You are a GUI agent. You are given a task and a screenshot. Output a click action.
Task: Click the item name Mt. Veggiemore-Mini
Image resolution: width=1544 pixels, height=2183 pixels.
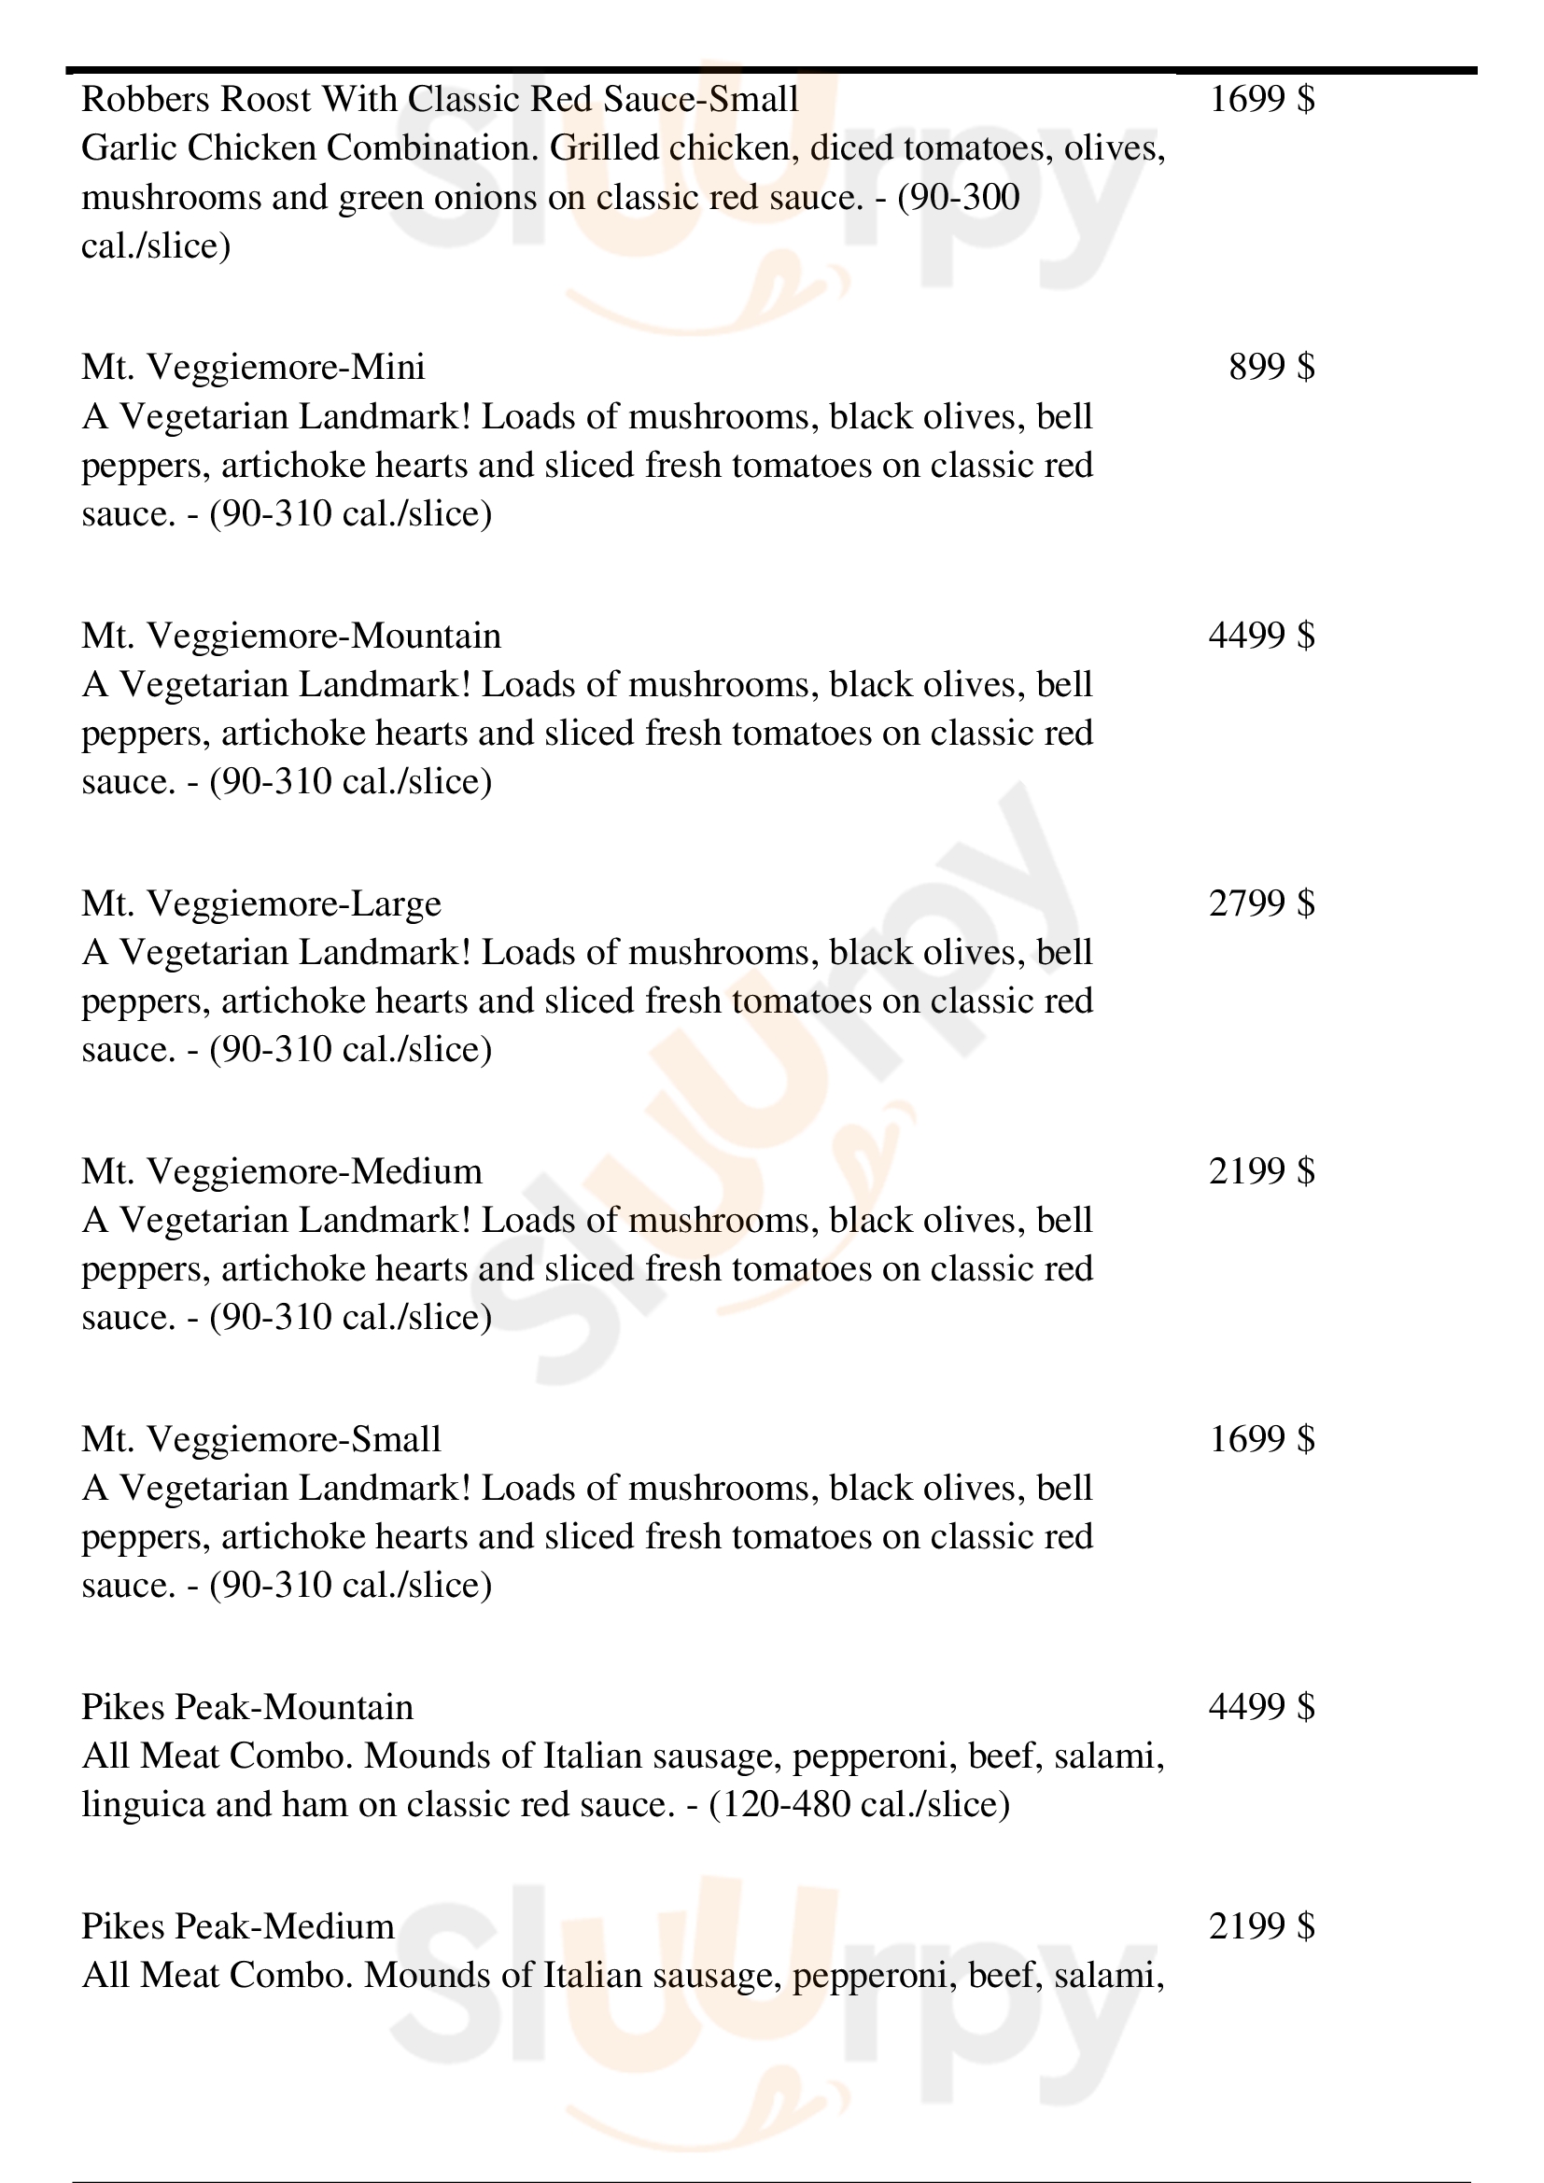(x=253, y=367)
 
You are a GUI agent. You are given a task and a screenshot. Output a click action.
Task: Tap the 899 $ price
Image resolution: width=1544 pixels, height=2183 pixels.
(x=1271, y=367)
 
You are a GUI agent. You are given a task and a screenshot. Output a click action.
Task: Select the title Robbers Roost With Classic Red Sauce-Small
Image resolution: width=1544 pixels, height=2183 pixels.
(x=440, y=99)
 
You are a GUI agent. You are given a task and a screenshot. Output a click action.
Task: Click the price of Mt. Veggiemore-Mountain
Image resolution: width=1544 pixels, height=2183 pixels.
(x=1262, y=636)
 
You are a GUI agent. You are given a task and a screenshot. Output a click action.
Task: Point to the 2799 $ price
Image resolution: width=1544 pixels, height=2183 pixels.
(x=1262, y=903)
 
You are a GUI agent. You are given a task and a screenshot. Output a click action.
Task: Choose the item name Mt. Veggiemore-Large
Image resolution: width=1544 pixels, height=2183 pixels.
(x=261, y=903)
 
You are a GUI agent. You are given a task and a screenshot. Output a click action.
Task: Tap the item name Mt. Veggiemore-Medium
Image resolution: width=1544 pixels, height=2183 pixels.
(x=281, y=1171)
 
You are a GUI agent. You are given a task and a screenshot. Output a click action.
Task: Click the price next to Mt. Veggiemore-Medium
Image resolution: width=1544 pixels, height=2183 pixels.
(x=1262, y=1171)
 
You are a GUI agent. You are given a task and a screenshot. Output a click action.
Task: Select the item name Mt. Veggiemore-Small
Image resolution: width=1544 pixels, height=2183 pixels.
(x=261, y=1439)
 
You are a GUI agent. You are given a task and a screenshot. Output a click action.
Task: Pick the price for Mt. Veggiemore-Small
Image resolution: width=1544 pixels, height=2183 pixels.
(x=1262, y=1439)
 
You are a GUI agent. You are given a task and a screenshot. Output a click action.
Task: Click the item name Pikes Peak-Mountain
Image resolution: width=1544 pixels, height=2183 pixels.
(x=247, y=1708)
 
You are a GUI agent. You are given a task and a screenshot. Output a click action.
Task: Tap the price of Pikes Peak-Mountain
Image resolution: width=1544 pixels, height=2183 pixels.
(x=1262, y=1708)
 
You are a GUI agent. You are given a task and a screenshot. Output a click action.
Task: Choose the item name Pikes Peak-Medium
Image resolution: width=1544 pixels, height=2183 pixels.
(x=238, y=1926)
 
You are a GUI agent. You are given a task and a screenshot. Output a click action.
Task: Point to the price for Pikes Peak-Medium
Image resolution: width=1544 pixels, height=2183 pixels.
(x=1262, y=1926)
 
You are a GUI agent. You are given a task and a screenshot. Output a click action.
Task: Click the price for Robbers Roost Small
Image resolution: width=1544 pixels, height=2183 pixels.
(x=1262, y=99)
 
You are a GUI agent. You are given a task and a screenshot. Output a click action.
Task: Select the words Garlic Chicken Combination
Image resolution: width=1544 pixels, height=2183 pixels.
(x=310, y=148)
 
